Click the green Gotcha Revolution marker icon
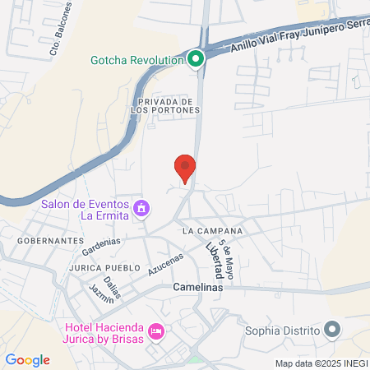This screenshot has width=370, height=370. pyautogui.click(x=195, y=59)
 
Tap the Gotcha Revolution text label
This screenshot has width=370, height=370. pyautogui.click(x=136, y=60)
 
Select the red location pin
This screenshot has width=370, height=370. pyautogui.click(x=185, y=167)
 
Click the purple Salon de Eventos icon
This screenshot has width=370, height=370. pyautogui.click(x=141, y=208)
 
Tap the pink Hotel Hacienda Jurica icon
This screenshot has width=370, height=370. pyautogui.click(x=157, y=331)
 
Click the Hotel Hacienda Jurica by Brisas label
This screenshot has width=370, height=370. pyautogui.click(x=104, y=332)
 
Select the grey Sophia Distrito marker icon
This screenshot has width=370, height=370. pyautogui.click(x=332, y=331)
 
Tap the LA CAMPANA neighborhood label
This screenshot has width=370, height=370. pyautogui.click(x=213, y=230)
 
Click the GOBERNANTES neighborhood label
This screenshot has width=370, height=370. pyautogui.click(x=50, y=240)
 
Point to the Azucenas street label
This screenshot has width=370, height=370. pyautogui.click(x=164, y=264)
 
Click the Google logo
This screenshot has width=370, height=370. pyautogui.click(x=27, y=360)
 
